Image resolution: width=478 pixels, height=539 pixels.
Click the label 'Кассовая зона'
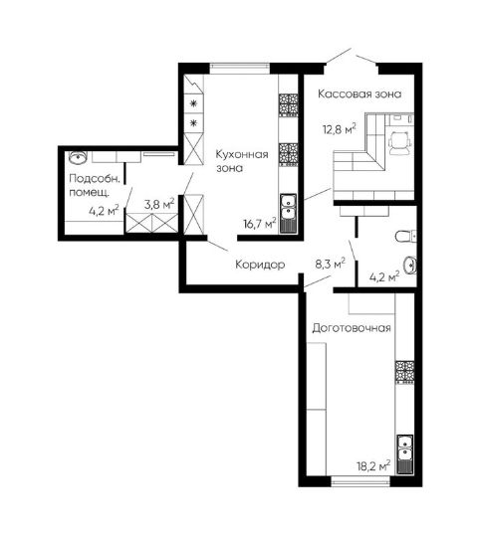pos(359,93)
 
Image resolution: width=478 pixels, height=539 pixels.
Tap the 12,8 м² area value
pos(339,129)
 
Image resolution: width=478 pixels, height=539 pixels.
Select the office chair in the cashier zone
pos(400,143)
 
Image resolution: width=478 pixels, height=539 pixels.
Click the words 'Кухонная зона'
pos(242,161)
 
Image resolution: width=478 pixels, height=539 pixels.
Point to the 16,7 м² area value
pos(260,224)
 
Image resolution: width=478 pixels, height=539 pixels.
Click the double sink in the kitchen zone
pos(288,214)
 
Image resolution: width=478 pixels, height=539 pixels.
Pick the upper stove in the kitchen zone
pos(288,105)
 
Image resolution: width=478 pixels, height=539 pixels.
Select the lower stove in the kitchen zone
pos(288,155)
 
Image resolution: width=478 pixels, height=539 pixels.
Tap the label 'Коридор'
pos(260,265)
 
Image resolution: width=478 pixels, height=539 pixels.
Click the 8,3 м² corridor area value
pos(331,264)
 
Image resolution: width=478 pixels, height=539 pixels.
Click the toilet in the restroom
pos(406,236)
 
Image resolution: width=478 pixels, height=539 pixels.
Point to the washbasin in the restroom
pos(410,266)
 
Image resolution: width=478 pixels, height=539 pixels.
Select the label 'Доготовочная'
pos(352,328)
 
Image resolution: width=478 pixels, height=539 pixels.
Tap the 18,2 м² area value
pos(373,466)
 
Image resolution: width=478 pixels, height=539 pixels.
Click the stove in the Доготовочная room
pos(404,372)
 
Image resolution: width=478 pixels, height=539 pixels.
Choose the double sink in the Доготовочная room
pos(405,454)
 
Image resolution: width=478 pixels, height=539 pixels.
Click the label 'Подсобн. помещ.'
pos(95,185)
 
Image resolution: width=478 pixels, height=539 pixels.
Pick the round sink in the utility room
pos(78,157)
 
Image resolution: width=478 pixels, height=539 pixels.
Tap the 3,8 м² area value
pos(159,204)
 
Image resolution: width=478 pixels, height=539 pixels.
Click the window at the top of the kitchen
pos(240,69)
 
